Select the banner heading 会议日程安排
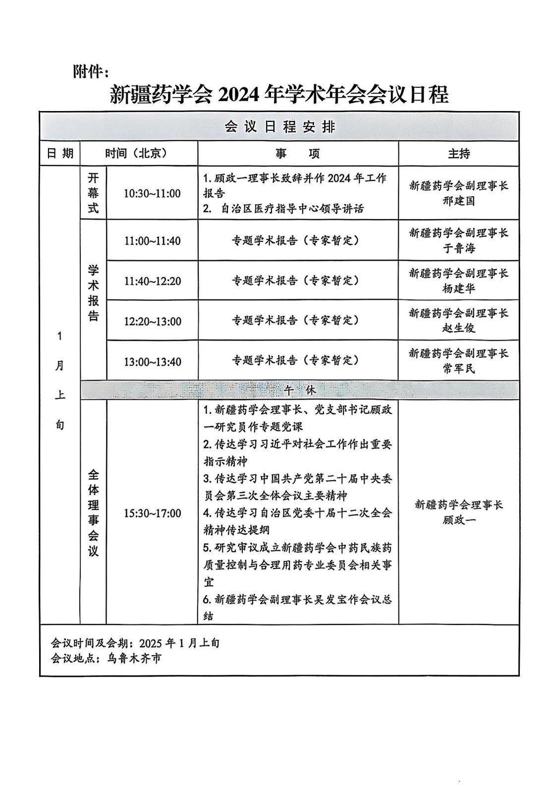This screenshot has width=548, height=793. [280, 127]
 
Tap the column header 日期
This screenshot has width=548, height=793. [60, 154]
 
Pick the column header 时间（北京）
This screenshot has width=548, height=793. [138, 154]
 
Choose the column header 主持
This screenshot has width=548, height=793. [458, 154]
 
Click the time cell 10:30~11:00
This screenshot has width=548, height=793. [152, 193]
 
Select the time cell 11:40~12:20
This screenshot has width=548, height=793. [152, 281]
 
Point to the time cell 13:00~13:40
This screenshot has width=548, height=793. [152, 362]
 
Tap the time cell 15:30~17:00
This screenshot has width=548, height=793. [152, 513]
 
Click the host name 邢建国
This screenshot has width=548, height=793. [458, 201]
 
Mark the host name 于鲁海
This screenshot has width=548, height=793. [458, 248]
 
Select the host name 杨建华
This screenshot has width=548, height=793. [458, 288]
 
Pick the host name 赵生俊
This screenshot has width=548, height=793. [458, 328]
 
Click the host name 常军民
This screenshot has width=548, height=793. [458, 368]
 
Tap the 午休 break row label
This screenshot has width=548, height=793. [300, 390]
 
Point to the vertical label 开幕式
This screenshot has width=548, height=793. [93, 193]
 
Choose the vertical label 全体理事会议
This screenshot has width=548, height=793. [93, 513]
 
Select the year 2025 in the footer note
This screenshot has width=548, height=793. [151, 643]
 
